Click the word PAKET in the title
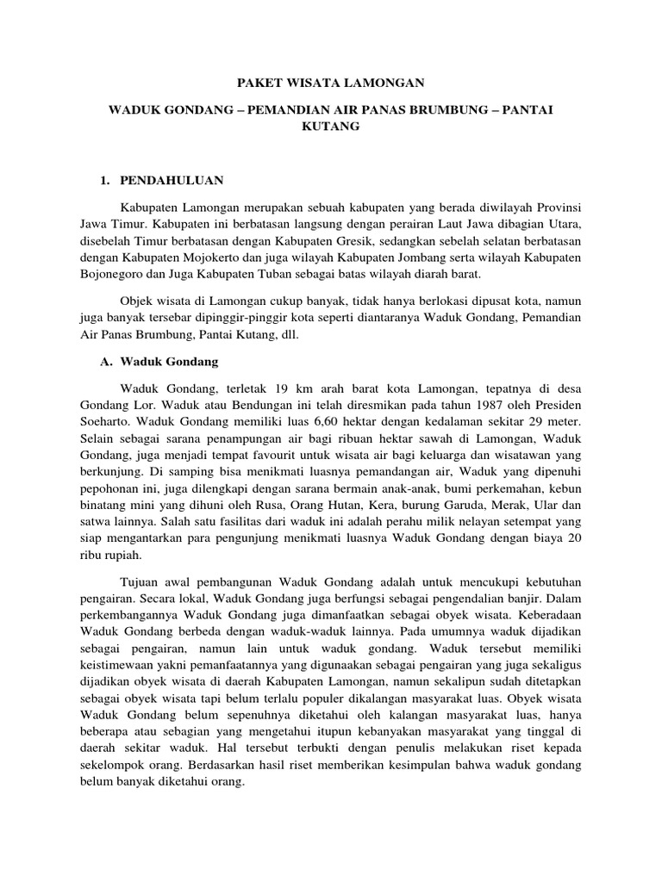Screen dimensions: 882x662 [x=259, y=84]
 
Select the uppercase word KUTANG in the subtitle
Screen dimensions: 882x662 [x=331, y=126]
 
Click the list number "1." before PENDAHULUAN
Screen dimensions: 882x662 [x=107, y=180]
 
